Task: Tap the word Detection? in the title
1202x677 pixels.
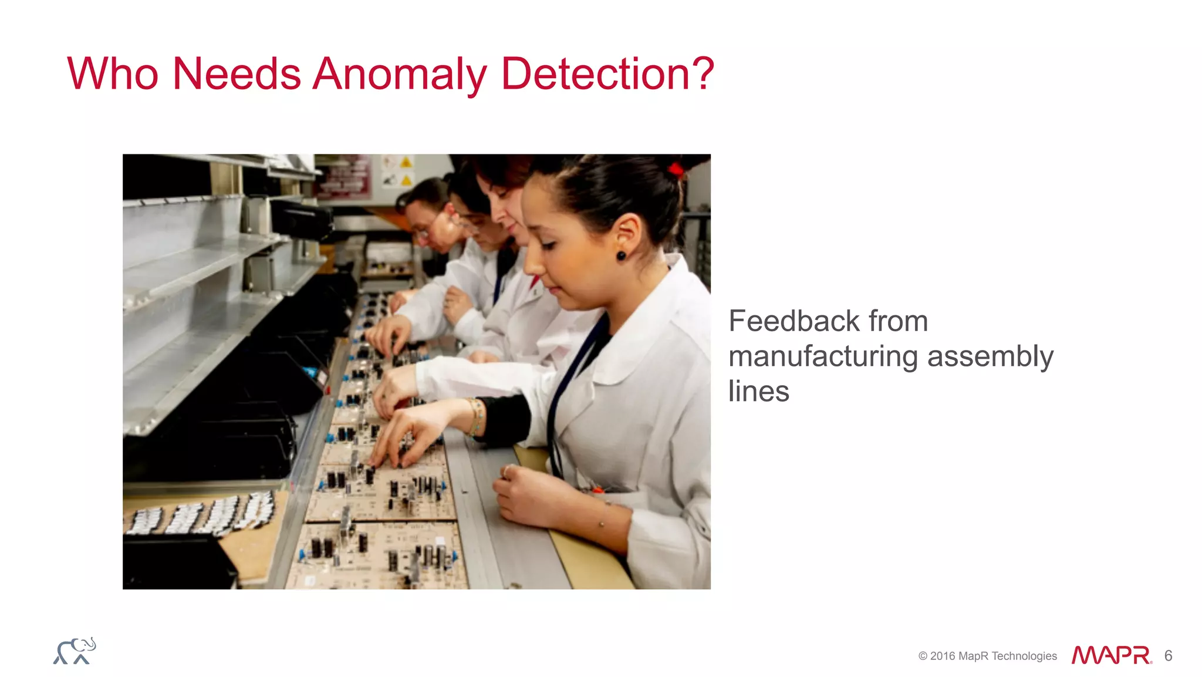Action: point(607,74)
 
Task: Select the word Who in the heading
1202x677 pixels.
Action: point(113,74)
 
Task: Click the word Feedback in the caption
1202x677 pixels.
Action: point(794,321)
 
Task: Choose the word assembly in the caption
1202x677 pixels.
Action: point(990,356)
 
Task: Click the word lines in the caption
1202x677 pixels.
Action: point(758,392)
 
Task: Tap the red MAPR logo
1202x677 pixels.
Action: point(1111,655)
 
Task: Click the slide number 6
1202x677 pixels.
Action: point(1168,656)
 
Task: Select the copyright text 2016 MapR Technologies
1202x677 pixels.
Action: point(988,656)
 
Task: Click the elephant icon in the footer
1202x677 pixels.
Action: point(75,651)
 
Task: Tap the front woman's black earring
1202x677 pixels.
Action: point(621,255)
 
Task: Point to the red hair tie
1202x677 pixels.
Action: point(676,170)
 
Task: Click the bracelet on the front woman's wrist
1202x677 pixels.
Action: point(476,417)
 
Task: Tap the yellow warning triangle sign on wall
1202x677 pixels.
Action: point(406,163)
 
